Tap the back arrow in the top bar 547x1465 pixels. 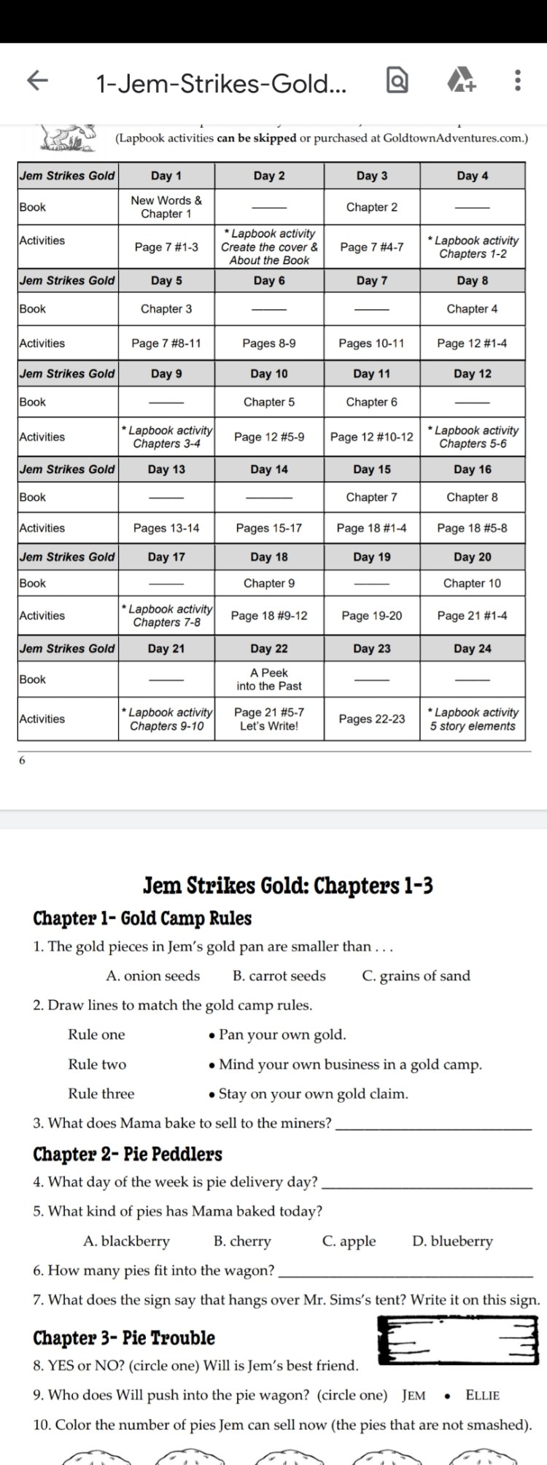pyautogui.click(x=37, y=81)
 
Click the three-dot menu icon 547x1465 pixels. pyautogui.click(x=517, y=81)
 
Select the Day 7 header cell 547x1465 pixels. pyautogui.click(x=372, y=281)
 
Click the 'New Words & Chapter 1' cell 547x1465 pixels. pyautogui.click(x=166, y=207)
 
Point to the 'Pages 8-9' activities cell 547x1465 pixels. pyautogui.click(x=269, y=343)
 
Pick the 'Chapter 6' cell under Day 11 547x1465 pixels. pyautogui.click(x=372, y=402)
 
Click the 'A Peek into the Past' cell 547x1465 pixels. pyautogui.click(x=269, y=679)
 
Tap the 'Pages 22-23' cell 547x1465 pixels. pyautogui.click(x=372, y=719)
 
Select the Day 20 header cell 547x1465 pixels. pyautogui.click(x=473, y=557)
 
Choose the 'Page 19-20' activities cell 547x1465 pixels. pyautogui.click(x=372, y=616)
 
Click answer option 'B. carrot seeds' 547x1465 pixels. pyautogui.click(x=279, y=976)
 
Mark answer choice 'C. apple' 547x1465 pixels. pyautogui.click(x=349, y=1241)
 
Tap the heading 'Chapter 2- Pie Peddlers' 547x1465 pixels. pyautogui.click(x=128, y=1155)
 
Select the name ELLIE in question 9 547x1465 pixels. pyautogui.click(x=483, y=1396)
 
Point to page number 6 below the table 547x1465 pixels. pyautogui.click(x=22, y=760)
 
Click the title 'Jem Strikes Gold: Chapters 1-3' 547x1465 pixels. pyautogui.click(x=288, y=886)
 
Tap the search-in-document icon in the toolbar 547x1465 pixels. pyautogui.click(x=397, y=81)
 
